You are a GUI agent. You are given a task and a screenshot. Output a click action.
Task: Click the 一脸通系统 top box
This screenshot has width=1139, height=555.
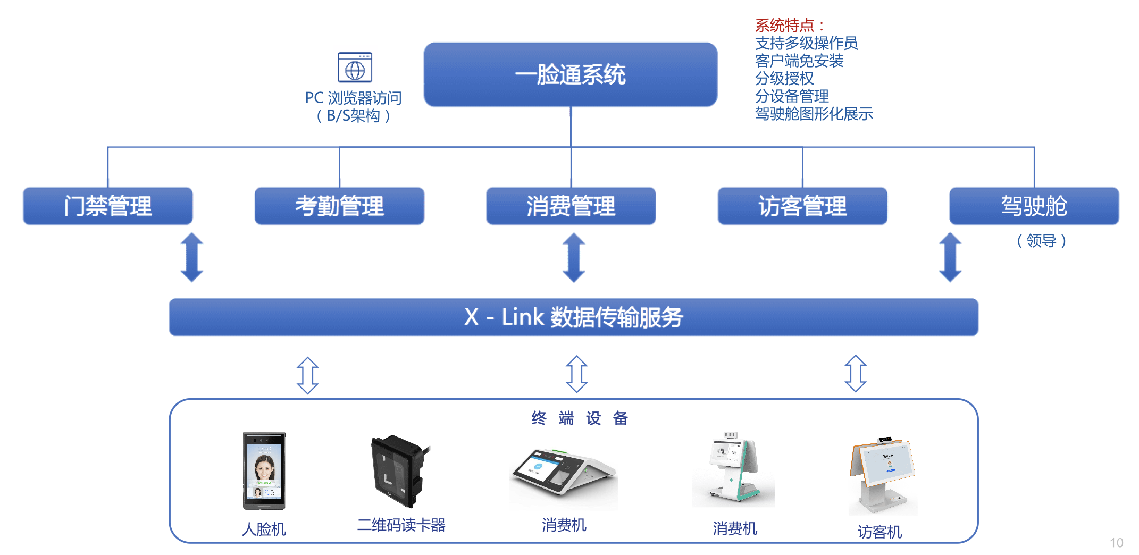[x=570, y=74]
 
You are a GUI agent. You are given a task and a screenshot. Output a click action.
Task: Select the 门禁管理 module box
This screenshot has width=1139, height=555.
[x=107, y=206]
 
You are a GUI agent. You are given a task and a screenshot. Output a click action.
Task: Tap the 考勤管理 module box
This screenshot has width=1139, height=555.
[x=339, y=206]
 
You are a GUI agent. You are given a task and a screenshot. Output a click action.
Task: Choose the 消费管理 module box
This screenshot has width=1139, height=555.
[x=571, y=206]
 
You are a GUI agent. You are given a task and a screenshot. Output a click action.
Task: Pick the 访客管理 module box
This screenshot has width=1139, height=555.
[x=802, y=206]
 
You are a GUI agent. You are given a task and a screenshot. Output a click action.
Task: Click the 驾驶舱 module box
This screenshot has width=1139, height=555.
[x=1034, y=206]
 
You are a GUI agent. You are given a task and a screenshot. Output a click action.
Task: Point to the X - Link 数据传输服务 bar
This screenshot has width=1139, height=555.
[x=573, y=317]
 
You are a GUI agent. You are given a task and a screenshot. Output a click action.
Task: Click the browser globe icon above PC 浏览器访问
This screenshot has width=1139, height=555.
[x=355, y=68]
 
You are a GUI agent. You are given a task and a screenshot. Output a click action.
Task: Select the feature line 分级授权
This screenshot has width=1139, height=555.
[x=784, y=79]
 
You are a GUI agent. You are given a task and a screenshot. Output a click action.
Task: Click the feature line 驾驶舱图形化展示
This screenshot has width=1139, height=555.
[x=814, y=114]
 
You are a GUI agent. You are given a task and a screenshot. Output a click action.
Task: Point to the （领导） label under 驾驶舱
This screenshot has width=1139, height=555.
[x=1041, y=241]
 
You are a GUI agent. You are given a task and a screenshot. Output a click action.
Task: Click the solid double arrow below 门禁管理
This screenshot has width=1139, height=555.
[x=192, y=257]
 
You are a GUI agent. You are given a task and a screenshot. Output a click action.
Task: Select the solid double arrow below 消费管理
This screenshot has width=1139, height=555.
[x=574, y=257]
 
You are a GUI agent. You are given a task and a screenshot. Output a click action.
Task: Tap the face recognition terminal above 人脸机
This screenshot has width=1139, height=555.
[x=264, y=470]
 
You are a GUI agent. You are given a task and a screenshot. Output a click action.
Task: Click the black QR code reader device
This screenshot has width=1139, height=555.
[x=398, y=471]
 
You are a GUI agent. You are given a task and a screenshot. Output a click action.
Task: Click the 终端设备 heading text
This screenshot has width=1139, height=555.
[x=580, y=418]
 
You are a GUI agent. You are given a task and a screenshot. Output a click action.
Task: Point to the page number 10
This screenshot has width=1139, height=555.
[x=1116, y=543]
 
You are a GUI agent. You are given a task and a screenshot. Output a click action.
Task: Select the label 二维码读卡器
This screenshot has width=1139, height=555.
[x=401, y=525]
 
